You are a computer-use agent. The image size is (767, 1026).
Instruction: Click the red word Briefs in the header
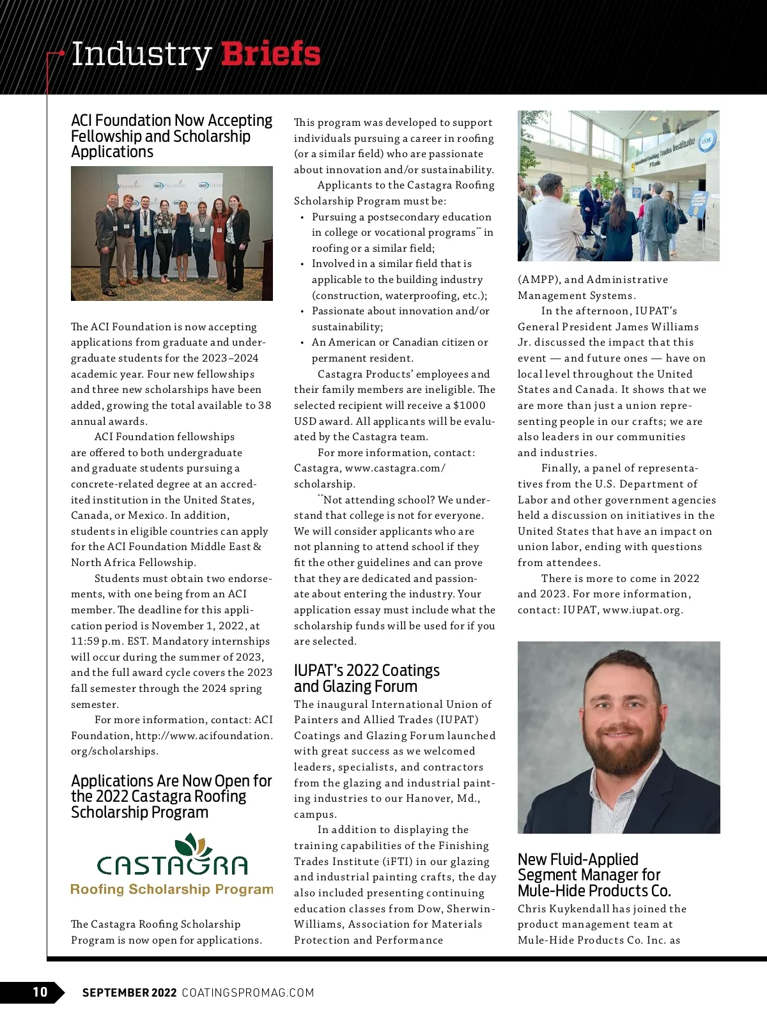pos(270,54)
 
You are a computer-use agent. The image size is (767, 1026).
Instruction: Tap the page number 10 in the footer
pos(40,992)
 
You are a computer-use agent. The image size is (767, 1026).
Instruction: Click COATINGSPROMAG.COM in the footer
pos(248,992)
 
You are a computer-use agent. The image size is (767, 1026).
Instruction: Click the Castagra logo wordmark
pos(172,865)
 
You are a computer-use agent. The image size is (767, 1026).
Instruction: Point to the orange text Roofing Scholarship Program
pos(171,889)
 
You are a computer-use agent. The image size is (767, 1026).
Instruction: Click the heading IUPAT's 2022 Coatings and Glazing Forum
pos(366,678)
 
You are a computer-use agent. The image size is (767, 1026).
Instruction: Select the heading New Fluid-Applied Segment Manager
pos(594,875)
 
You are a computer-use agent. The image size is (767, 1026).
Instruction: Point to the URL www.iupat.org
pos(642,610)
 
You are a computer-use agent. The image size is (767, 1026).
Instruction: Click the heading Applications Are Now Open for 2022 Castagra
pos(171,797)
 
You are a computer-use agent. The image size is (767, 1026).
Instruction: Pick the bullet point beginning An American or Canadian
pos(399,350)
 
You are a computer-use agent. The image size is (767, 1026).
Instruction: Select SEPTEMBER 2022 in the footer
pos(129,992)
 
